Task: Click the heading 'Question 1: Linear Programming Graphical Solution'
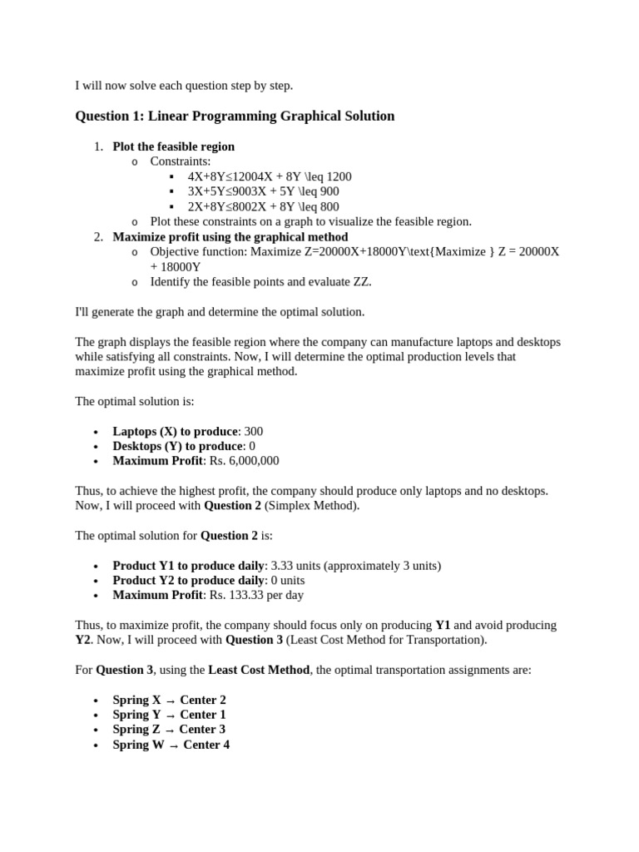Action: pyautogui.click(x=235, y=116)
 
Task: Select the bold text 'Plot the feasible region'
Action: pyautogui.click(x=173, y=146)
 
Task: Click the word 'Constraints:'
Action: pyautogui.click(x=181, y=161)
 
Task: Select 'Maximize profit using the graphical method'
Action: pyautogui.click(x=230, y=237)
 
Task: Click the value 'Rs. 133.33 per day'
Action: pyautogui.click(x=257, y=595)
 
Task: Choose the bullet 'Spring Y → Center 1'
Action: pyautogui.click(x=169, y=715)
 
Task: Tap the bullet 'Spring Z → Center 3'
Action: pyautogui.click(x=169, y=729)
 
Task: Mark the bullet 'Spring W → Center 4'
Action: pyautogui.click(x=171, y=745)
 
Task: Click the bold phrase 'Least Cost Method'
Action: pyautogui.click(x=259, y=670)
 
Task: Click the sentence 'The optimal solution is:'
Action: pyautogui.click(x=135, y=401)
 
